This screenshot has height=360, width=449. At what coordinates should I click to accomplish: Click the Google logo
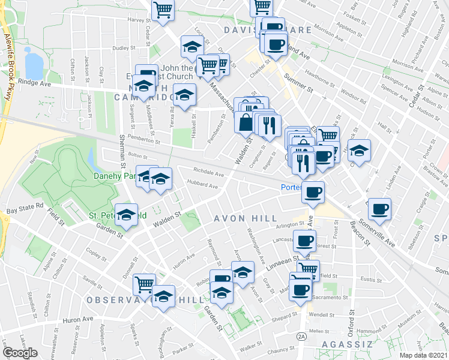point(20,353)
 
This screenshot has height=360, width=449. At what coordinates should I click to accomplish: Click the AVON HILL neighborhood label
point(246,218)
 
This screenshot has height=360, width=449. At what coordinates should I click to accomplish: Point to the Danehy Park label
point(113,176)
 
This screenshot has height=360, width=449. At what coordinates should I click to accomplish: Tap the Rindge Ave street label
point(35,83)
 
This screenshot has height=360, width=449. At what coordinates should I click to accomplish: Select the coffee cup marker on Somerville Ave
point(379,209)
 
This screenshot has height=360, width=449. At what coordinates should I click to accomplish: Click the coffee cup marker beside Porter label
point(313,193)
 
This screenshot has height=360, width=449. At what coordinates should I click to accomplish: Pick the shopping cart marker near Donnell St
point(144,283)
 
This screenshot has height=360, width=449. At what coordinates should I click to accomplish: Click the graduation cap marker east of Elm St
point(360,151)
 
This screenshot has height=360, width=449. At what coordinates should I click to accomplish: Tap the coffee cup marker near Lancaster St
point(304,241)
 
